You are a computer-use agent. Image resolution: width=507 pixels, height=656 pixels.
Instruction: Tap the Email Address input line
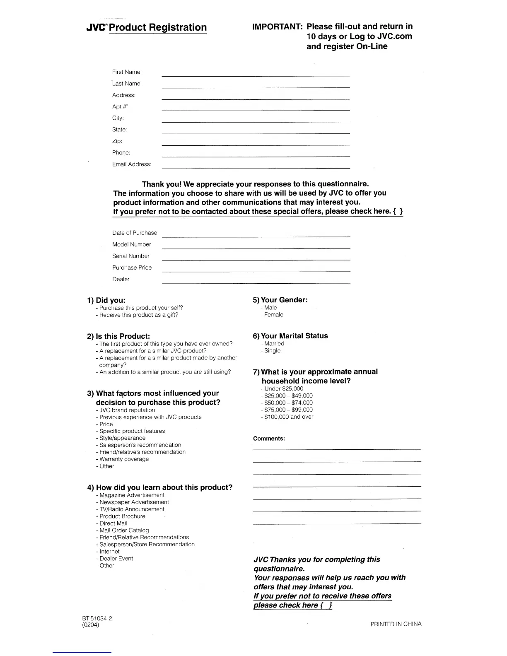pyautogui.click(x=256, y=167)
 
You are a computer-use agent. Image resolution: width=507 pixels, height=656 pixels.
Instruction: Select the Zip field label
pyautogui.click(x=117, y=141)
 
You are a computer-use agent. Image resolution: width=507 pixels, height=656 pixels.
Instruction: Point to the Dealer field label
pyautogui.click(x=121, y=279)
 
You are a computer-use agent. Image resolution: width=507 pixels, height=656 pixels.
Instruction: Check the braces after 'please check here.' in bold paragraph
pyautogui.click(x=398, y=211)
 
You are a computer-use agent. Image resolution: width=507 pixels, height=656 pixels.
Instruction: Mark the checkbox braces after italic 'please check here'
pyautogui.click(x=327, y=605)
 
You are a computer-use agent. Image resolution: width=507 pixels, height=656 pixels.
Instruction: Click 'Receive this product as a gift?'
pyautogui.click(x=138, y=315)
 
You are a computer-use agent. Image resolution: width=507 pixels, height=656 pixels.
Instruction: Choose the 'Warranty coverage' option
pyautogui.click(x=124, y=459)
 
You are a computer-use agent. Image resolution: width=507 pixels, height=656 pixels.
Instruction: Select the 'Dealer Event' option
pyautogui.click(x=116, y=558)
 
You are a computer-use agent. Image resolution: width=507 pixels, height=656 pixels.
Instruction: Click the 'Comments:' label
pyautogui.click(x=269, y=438)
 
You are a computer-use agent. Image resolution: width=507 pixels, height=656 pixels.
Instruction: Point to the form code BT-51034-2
pyautogui.click(x=97, y=618)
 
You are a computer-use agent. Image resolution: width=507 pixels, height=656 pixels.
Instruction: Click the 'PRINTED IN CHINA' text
pyautogui.click(x=396, y=624)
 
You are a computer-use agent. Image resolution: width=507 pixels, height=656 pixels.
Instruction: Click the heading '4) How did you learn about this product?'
pyautogui.click(x=159, y=487)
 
